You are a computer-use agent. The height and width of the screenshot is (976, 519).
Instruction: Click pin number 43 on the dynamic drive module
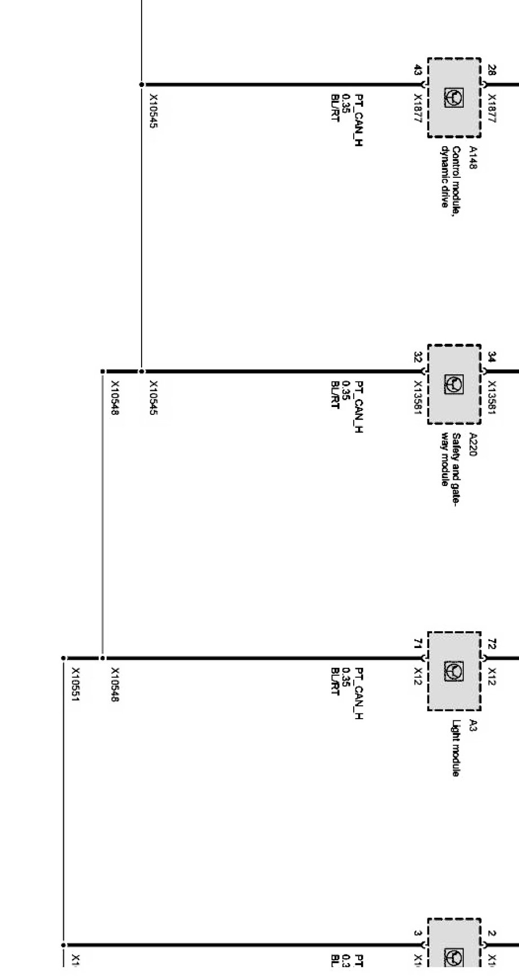click(417, 71)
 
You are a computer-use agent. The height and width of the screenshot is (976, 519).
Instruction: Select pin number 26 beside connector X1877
click(492, 71)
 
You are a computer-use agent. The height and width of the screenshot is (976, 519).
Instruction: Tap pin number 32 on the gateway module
click(417, 357)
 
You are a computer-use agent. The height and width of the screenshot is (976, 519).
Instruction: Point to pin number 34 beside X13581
click(492, 357)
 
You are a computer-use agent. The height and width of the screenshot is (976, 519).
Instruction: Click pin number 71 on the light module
click(417, 644)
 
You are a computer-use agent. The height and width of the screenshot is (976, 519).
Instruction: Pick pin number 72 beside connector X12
click(492, 644)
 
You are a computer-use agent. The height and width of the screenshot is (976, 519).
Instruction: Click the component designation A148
click(473, 157)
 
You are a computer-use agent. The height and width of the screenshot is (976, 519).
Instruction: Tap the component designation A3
click(473, 726)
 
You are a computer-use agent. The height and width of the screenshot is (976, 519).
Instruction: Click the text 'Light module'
click(455, 749)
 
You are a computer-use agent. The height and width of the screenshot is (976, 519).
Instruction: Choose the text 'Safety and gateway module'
click(450, 459)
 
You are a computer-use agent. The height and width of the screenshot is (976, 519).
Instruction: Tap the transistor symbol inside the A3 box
click(455, 671)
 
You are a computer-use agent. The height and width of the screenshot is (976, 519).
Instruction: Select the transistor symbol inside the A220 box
click(455, 384)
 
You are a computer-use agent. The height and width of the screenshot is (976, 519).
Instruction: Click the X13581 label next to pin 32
click(418, 397)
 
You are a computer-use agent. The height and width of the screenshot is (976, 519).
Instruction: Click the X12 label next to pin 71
click(418, 676)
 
